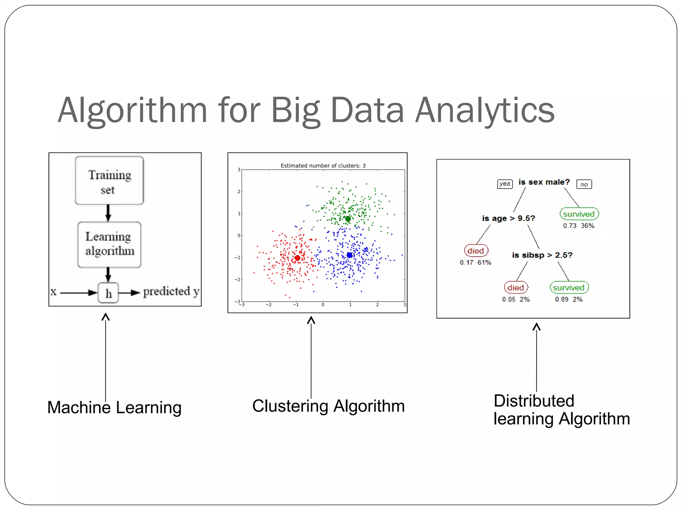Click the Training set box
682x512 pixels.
click(x=109, y=180)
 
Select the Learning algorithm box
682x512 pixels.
click(x=109, y=244)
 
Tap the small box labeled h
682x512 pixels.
click(x=108, y=293)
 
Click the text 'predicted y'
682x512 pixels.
click(x=171, y=292)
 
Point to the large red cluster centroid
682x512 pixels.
click(x=297, y=258)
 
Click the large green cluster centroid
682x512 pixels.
click(x=348, y=219)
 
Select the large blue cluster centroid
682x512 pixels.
click(x=349, y=255)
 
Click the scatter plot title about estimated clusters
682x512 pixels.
click(x=323, y=166)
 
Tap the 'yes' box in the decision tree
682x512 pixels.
click(x=505, y=184)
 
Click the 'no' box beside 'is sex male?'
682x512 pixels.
click(x=584, y=184)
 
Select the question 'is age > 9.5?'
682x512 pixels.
click(x=508, y=218)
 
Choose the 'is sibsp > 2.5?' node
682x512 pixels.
click(x=542, y=255)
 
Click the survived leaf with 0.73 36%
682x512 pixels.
click(x=579, y=214)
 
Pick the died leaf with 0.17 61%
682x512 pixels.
click(x=476, y=251)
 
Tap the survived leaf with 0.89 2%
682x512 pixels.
click(x=569, y=287)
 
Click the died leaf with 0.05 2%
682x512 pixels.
click(x=515, y=287)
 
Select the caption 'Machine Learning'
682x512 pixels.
click(x=114, y=407)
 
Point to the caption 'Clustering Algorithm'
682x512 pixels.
click(x=328, y=406)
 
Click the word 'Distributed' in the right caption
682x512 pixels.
click(x=534, y=401)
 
